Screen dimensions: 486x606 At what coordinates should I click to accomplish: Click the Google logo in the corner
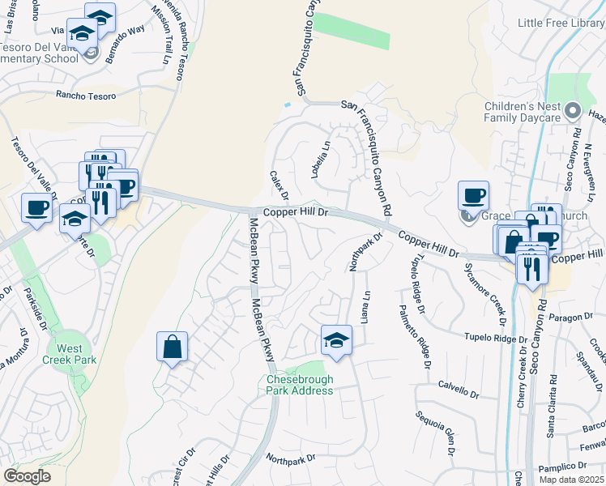[x=28, y=476]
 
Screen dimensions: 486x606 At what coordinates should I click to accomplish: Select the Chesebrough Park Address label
[x=300, y=385]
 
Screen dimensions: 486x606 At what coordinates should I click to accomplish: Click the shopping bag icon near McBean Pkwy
[x=172, y=348]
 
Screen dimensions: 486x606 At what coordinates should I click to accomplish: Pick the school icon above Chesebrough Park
[x=336, y=341]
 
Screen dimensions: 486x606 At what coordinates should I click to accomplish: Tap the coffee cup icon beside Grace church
[x=473, y=196]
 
